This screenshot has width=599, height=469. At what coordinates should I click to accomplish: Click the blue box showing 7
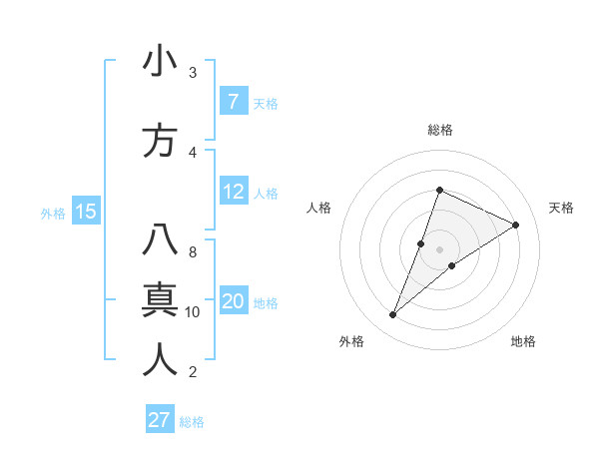click(233, 101)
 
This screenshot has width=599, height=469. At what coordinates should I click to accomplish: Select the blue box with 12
click(234, 192)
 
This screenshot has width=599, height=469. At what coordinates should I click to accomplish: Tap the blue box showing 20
click(234, 302)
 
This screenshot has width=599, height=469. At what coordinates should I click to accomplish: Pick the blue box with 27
click(160, 420)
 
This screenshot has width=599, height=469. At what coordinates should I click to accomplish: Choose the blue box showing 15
click(85, 212)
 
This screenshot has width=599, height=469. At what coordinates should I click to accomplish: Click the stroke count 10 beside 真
click(193, 312)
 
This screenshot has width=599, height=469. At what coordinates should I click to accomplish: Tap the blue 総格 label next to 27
click(192, 422)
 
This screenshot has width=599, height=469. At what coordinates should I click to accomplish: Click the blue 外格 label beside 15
click(52, 213)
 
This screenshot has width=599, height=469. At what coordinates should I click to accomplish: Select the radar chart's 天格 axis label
click(562, 208)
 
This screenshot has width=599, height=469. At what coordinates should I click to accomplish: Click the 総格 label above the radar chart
click(440, 130)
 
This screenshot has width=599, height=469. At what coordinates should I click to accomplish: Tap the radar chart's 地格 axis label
click(523, 341)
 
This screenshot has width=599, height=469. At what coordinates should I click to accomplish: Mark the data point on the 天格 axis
click(516, 225)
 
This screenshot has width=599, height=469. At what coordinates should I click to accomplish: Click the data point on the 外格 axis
click(392, 315)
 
